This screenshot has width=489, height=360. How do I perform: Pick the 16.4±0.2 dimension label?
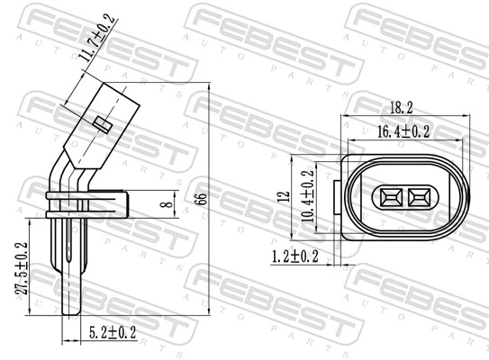pyautogui.click(x=403, y=131)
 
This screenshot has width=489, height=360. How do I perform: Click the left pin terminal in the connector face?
pyautogui.click(x=392, y=196)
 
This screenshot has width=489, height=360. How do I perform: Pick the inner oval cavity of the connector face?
pyautogui.click(x=404, y=196)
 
